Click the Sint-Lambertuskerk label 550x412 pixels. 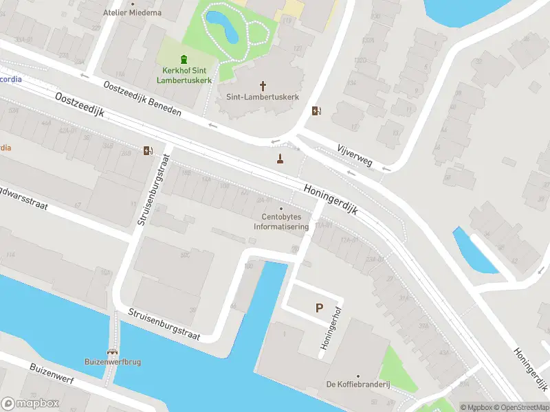[263, 98]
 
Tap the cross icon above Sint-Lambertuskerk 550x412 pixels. [263, 85]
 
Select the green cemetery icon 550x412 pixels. [183, 59]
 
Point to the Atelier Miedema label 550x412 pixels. [133, 12]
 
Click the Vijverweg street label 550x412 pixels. [355, 155]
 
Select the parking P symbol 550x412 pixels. [319, 308]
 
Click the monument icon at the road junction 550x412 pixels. [280, 159]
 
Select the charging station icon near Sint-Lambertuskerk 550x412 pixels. [316, 111]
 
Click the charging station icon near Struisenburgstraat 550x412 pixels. [148, 151]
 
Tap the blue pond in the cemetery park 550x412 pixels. [222, 25]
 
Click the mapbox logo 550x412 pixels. [30, 404]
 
